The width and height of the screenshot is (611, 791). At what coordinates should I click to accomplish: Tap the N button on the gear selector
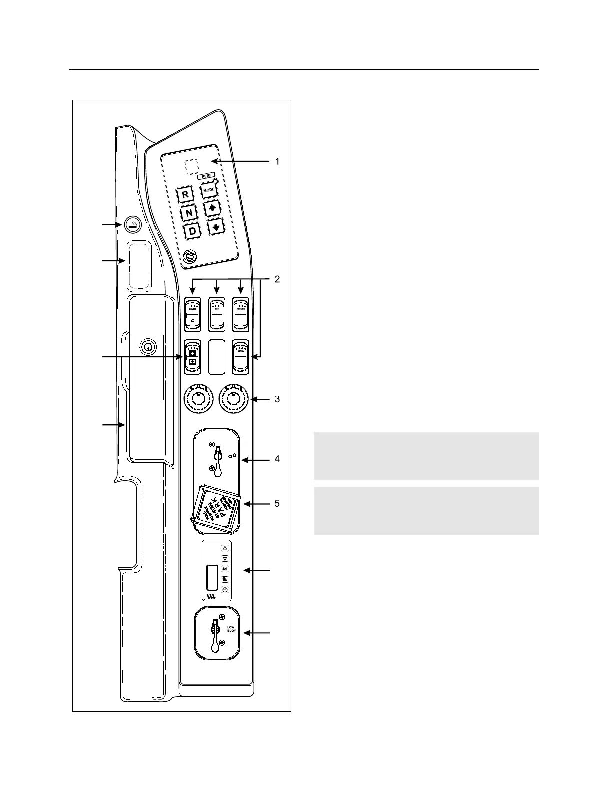click(x=189, y=213)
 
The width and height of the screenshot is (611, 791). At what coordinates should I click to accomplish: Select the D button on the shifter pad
click(x=192, y=231)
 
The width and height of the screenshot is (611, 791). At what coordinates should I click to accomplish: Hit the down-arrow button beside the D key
click(x=216, y=227)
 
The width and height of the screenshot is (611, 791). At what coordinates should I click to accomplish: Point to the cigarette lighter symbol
click(x=132, y=225)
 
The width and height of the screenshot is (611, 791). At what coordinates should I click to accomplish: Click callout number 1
click(x=277, y=162)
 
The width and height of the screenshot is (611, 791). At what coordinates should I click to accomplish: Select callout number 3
click(x=277, y=399)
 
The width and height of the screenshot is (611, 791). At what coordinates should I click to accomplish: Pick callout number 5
click(x=277, y=504)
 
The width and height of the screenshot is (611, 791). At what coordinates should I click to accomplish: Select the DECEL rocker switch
click(x=241, y=356)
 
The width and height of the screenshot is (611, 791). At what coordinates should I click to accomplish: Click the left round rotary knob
click(x=198, y=400)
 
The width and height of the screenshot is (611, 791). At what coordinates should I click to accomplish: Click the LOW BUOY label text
click(x=231, y=629)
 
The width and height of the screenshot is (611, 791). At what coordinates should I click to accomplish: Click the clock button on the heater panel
click(x=225, y=590)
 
